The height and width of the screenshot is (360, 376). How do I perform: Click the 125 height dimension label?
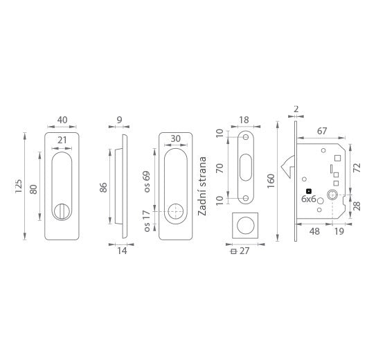coord(18,186)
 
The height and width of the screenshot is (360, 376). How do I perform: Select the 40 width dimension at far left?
coord(62,120)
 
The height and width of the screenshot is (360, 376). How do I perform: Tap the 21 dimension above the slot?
coord(62,140)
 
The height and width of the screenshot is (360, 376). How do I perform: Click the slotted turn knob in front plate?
coord(62,211)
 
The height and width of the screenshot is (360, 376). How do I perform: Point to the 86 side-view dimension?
coord(103,188)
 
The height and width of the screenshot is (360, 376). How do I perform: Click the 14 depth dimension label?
coord(122,251)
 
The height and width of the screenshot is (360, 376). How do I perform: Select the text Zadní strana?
coord(202,186)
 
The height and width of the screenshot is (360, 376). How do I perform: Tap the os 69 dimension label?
coord(147,181)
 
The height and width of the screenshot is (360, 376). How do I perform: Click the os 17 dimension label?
coord(147,221)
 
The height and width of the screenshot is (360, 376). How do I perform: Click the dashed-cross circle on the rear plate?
coord(175,211)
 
